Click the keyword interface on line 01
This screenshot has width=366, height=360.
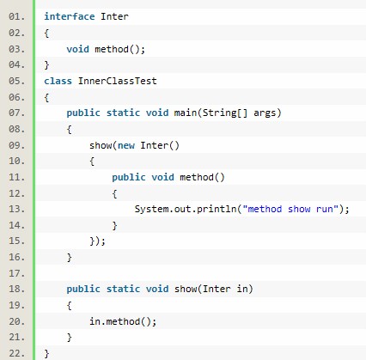coord(70,16)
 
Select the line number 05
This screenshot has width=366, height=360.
coord(16,81)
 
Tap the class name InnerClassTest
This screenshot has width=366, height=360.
coord(118,81)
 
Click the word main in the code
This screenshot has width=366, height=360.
coord(186,113)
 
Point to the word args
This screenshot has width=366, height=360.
coord(265,113)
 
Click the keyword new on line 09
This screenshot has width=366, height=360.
coord(126,145)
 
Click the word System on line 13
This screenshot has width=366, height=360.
coord(151,209)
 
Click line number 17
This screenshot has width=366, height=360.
coord(16,273)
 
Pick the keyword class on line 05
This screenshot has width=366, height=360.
coord(58,81)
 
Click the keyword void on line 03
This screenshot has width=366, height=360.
coord(77,49)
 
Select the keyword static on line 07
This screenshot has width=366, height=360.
coord(123,113)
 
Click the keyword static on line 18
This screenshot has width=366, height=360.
coord(123,289)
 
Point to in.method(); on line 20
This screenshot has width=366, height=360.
coord(123,321)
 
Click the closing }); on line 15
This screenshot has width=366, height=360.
coord(98,241)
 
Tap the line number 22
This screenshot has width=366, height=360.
coord(16,353)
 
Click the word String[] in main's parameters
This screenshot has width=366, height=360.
coord(225,113)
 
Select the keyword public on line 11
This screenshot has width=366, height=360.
coord(129,177)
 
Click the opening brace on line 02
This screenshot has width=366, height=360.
coord(46,34)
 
